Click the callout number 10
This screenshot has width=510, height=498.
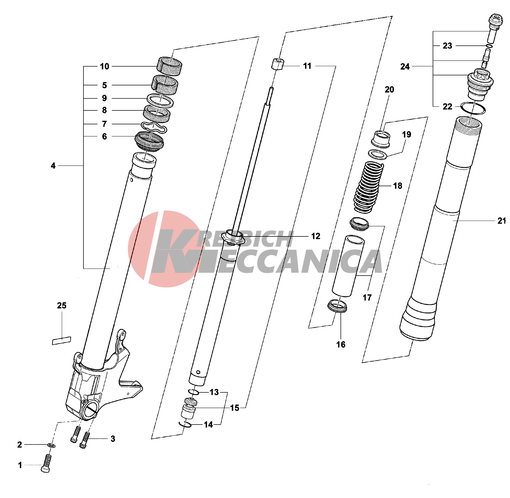[104, 66]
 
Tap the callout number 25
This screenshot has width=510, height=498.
[62, 305]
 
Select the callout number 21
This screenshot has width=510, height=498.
[502, 221]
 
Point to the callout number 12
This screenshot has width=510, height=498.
[315, 236]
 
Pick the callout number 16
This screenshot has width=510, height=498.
[341, 344]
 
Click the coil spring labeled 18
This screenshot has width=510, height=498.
[369, 187]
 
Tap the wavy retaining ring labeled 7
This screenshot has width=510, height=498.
[154, 127]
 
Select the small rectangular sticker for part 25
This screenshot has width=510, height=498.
[62, 341]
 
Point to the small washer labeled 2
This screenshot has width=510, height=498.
[52, 445]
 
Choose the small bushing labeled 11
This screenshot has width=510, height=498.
[277, 64]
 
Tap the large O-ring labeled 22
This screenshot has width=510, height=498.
[473, 108]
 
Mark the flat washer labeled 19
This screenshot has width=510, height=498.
[377, 154]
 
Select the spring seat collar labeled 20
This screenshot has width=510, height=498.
[381, 139]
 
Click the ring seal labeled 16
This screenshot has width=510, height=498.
[337, 306]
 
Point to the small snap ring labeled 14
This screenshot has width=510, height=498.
[185, 424]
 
